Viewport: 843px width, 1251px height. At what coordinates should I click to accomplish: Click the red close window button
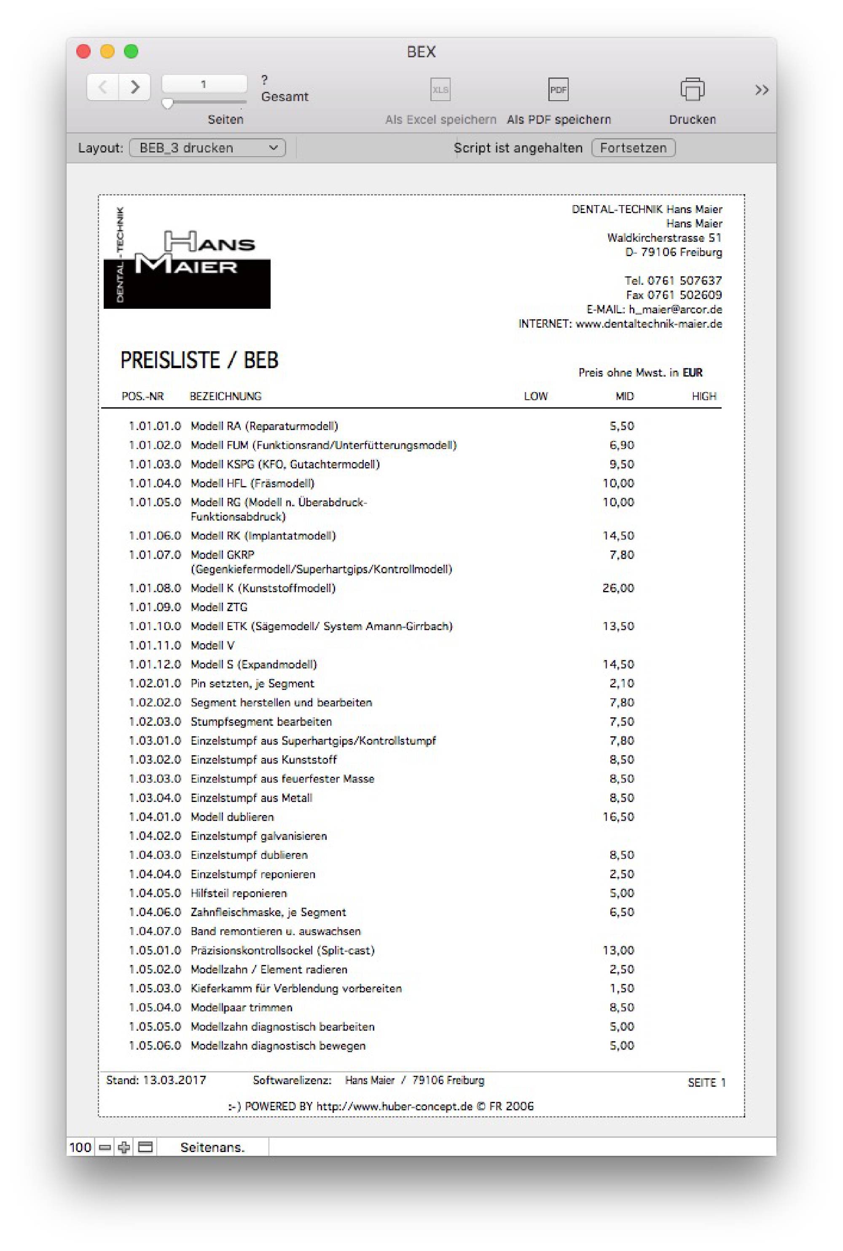(x=83, y=51)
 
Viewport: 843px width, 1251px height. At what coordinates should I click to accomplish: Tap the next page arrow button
(x=134, y=86)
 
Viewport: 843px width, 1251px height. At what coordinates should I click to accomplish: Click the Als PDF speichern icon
(x=558, y=89)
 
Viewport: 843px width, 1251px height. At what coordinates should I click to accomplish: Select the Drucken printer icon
(x=692, y=89)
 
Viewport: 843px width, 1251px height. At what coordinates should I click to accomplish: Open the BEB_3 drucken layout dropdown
(x=207, y=148)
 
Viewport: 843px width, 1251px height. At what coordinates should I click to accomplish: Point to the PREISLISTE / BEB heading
(x=199, y=360)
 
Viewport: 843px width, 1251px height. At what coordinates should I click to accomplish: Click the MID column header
(x=624, y=396)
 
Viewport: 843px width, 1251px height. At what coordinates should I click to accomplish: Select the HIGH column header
(x=704, y=396)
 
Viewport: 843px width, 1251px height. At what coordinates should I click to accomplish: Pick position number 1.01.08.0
(x=155, y=588)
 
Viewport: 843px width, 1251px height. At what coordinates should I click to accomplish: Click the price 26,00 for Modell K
(x=618, y=588)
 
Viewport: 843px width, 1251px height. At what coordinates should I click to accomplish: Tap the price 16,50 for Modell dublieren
(x=618, y=817)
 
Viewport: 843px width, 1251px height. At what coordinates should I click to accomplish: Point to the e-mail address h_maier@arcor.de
(x=675, y=310)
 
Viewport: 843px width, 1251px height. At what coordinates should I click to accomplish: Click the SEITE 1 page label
(x=706, y=1083)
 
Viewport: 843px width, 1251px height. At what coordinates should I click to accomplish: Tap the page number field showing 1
(x=204, y=84)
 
